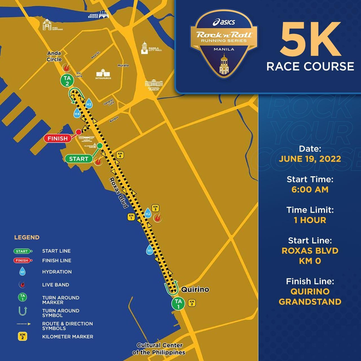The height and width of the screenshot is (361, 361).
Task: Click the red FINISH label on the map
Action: (x=58, y=138)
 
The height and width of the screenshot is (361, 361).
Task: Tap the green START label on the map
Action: (x=79, y=159)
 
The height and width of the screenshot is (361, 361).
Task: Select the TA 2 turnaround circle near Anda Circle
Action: (x=67, y=81)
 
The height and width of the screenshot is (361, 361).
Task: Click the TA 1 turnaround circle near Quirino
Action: (x=178, y=304)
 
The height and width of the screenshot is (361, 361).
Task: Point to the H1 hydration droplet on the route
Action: (x=149, y=250)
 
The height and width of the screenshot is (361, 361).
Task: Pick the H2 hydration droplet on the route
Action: (x=148, y=213)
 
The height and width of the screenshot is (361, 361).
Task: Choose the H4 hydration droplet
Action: (x=77, y=114)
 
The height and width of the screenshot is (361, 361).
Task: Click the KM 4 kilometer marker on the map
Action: (x=120, y=155)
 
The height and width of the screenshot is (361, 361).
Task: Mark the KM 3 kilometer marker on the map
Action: (x=155, y=208)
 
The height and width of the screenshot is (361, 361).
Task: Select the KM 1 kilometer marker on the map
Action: (x=131, y=217)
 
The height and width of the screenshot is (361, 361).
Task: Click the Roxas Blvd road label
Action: (x=119, y=193)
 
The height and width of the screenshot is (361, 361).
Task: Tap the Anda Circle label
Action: (x=54, y=56)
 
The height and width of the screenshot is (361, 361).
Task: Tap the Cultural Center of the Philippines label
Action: (x=159, y=349)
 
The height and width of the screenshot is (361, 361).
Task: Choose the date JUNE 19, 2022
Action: (x=310, y=159)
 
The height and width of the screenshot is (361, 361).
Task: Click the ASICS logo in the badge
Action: (x=224, y=22)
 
